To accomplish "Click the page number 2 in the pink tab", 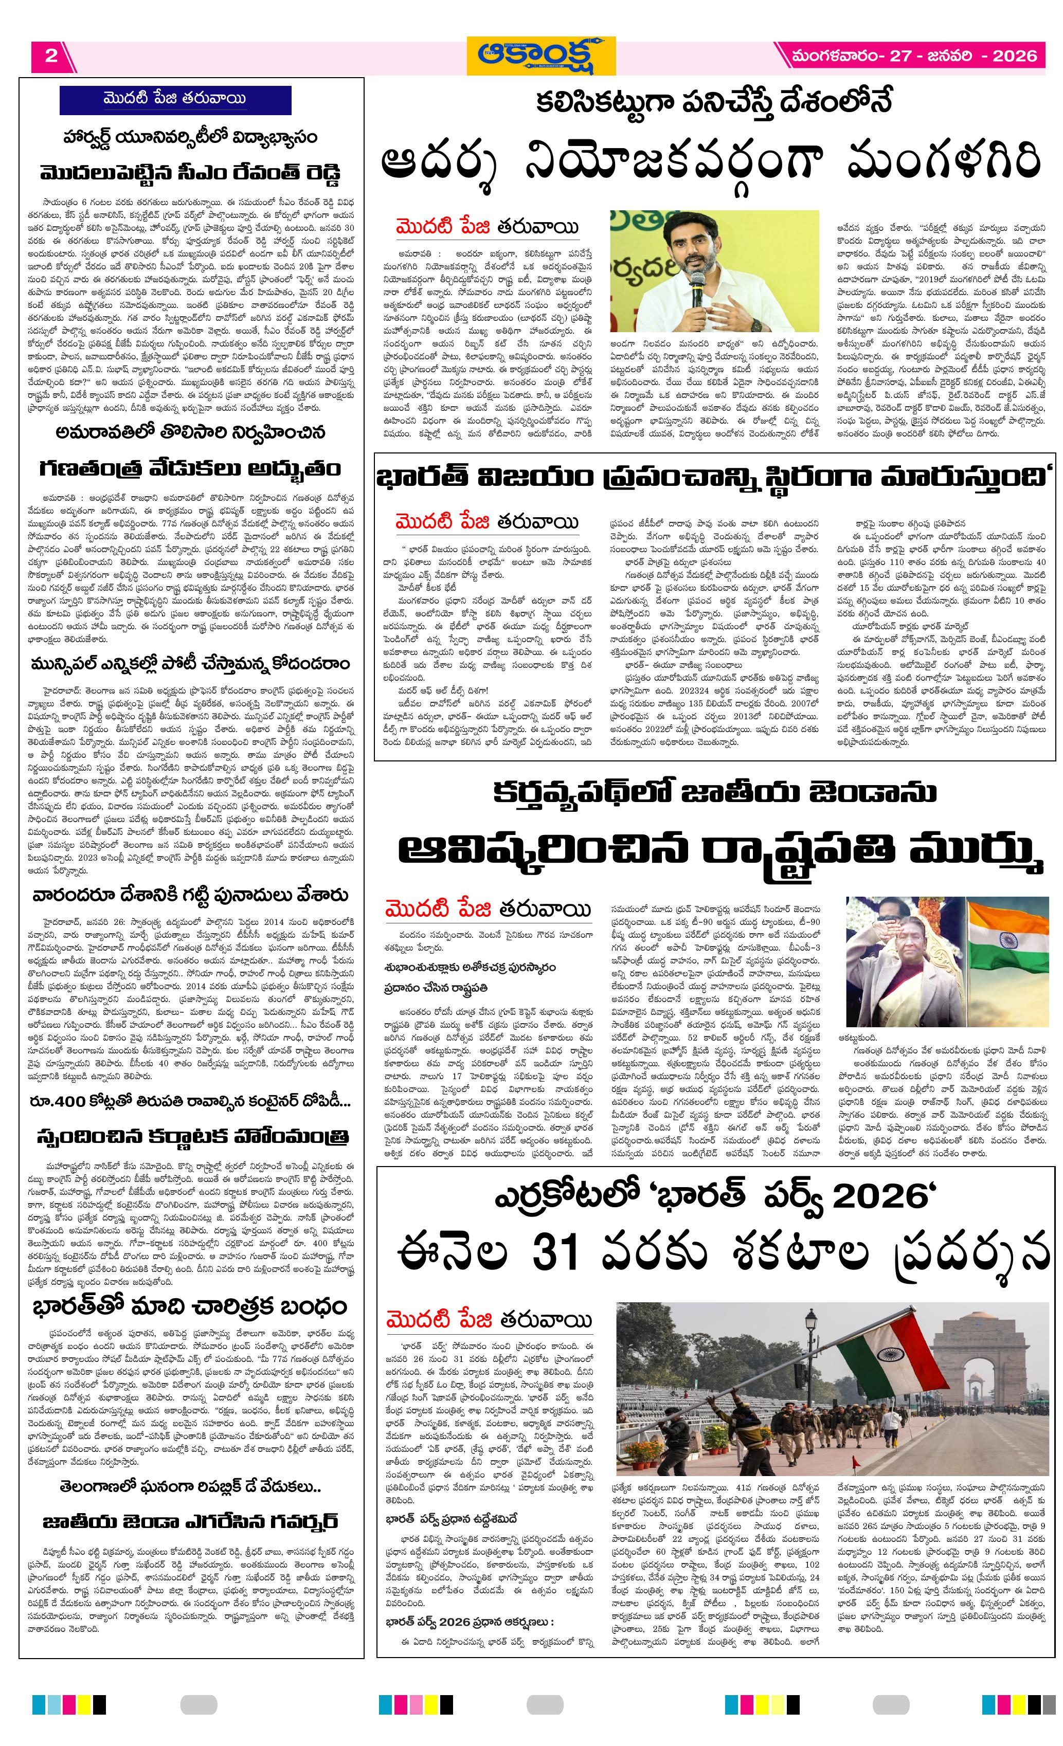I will pos(51,56).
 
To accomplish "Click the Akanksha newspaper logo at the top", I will pos(540,56).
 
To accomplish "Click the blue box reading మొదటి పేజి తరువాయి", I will pos(175,99).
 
